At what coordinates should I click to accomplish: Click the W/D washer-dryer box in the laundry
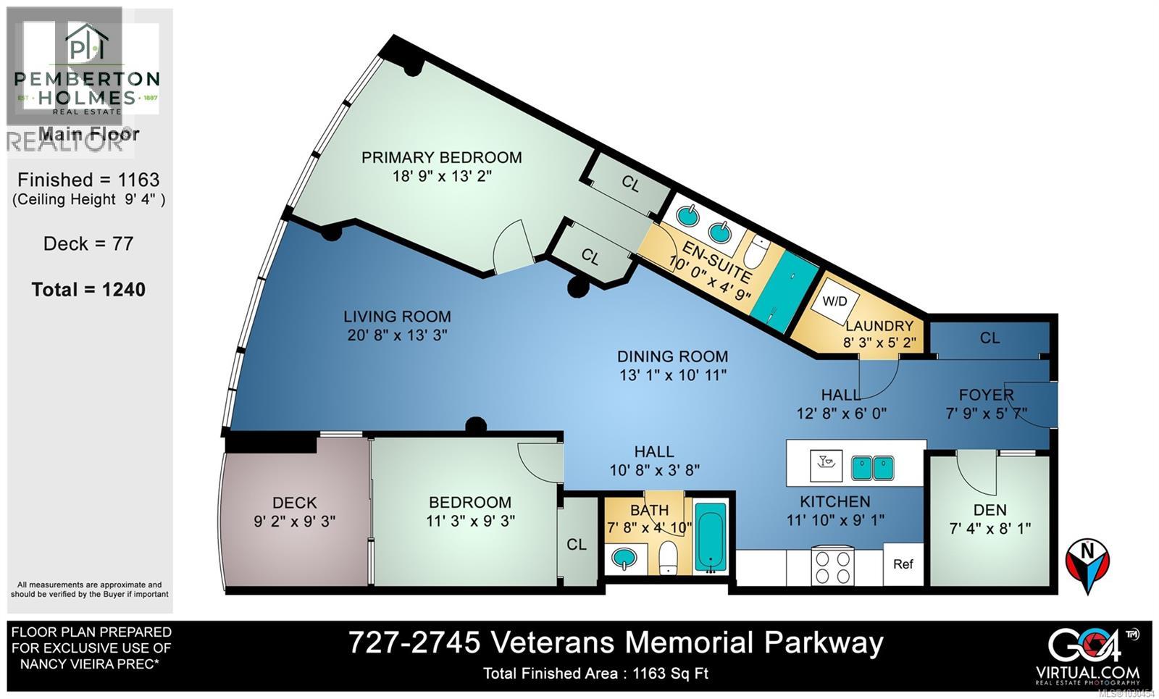pyautogui.click(x=834, y=301)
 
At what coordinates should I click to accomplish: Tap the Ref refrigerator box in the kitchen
pyautogui.click(x=903, y=564)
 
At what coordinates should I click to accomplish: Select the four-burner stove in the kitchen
pyautogui.click(x=833, y=566)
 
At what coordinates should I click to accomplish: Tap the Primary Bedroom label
pyautogui.click(x=441, y=157)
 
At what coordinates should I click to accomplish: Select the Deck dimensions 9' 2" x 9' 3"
pyautogui.click(x=294, y=521)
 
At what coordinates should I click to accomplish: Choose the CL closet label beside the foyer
pyautogui.click(x=989, y=338)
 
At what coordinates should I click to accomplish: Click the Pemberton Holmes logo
pyautogui.click(x=88, y=69)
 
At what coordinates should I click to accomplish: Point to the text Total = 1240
pyautogui.click(x=88, y=290)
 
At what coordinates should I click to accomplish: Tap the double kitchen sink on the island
pyautogui.click(x=871, y=467)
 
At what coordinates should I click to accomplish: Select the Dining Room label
pyautogui.click(x=672, y=356)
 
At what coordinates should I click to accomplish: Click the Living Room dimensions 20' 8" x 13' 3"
pyautogui.click(x=397, y=335)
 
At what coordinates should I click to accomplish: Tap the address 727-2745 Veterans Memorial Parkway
pyautogui.click(x=616, y=643)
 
